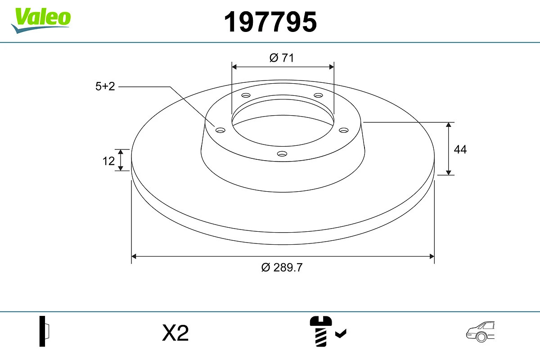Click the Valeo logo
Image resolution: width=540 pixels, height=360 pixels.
41,21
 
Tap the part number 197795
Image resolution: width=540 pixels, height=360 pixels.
270,22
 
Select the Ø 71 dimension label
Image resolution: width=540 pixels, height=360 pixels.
282,58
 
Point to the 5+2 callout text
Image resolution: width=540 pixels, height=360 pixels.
105,86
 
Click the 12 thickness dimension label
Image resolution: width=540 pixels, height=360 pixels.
108,161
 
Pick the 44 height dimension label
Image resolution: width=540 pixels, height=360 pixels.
460,149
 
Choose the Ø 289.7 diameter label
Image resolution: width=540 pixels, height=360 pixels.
282,267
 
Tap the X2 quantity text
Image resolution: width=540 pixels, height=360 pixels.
175,333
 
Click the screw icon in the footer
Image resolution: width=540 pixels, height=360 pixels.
320,331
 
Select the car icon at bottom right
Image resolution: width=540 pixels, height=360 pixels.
480,332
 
